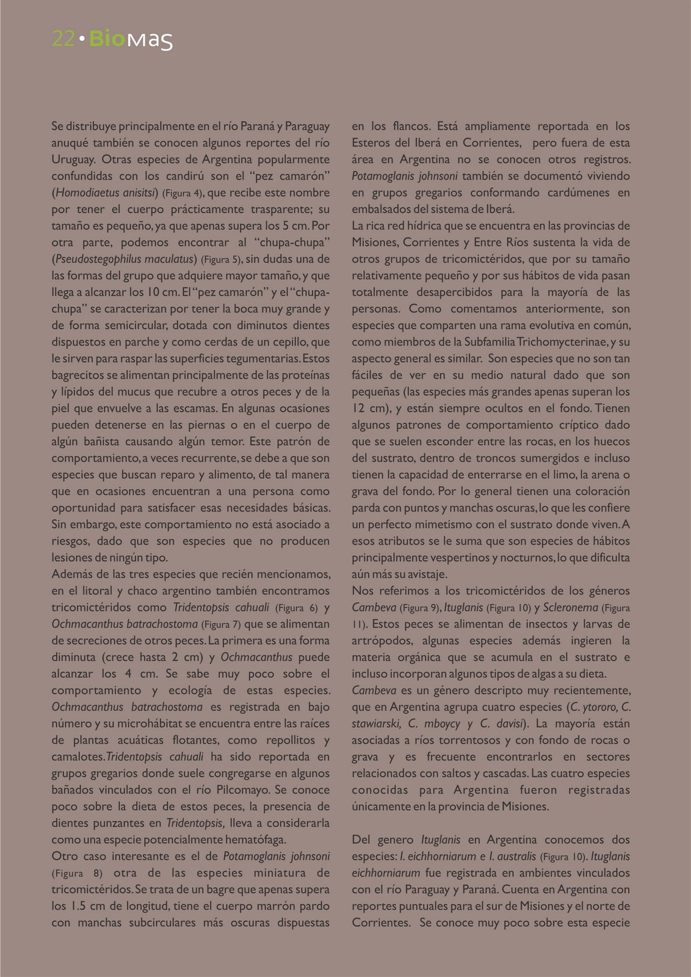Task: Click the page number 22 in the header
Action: click(x=63, y=38)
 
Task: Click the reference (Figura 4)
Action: click(x=182, y=193)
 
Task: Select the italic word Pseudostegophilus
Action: click(x=98, y=259)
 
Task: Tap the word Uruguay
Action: click(x=73, y=159)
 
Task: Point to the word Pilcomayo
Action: click(x=241, y=790)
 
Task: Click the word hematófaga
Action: click(x=253, y=839)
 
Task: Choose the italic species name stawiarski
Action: click(x=375, y=724)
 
